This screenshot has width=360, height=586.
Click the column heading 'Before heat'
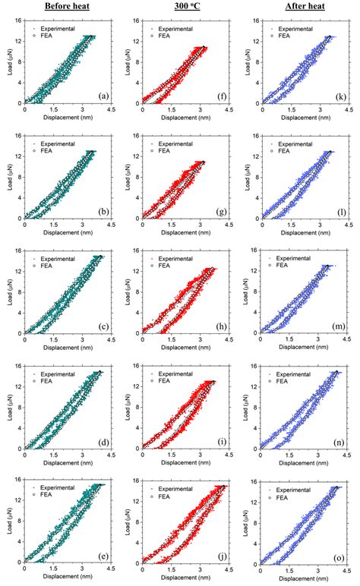pos(68,7)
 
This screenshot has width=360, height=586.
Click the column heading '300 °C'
pos(184,7)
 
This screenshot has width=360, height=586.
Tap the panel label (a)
pos(105,96)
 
